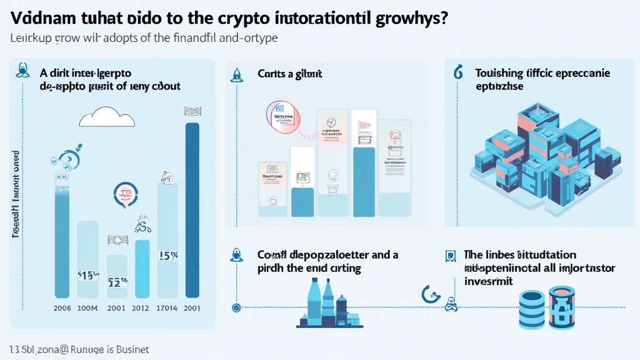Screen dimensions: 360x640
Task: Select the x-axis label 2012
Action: [140, 307]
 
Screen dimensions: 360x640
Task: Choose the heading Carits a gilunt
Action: [289, 74]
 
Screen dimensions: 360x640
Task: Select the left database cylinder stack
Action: [532, 309]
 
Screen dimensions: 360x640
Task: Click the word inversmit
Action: [488, 281]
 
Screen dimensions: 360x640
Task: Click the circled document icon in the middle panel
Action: [282, 117]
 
